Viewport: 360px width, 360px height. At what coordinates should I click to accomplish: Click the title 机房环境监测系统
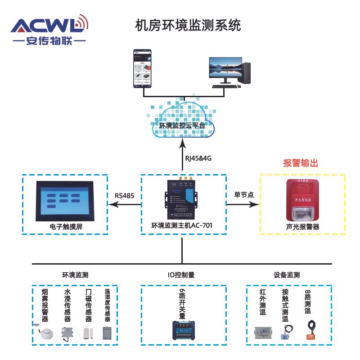coord(188,25)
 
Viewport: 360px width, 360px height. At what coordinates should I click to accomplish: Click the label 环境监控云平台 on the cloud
coord(182,126)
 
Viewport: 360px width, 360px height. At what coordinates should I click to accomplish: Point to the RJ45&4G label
coord(198,158)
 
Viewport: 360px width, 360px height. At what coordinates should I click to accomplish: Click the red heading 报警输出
coord(301,163)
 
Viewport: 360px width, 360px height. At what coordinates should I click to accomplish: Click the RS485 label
coord(125,196)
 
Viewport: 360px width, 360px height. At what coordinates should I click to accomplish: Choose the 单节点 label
coord(244,195)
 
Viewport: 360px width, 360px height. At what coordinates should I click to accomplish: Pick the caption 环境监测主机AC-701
coord(182,225)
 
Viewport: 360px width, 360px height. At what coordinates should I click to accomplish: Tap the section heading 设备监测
coord(287,274)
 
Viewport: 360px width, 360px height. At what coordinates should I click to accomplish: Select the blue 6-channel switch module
coord(182,332)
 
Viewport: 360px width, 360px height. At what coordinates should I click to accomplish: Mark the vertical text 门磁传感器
coord(89,306)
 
